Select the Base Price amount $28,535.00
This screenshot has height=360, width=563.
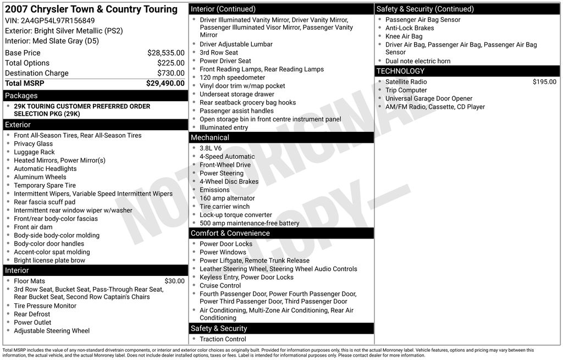[165, 53]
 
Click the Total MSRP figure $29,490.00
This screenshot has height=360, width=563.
[165, 84]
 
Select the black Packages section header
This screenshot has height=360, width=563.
[95, 96]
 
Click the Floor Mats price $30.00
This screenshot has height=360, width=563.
[174, 281]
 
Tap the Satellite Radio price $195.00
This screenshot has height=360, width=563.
[544, 82]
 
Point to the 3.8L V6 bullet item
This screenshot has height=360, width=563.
[211, 148]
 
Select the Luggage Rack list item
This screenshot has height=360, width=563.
[34, 152]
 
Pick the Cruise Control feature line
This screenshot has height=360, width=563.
[220, 286]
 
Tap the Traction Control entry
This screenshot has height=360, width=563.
[223, 339]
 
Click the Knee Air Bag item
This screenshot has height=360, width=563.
[404, 36]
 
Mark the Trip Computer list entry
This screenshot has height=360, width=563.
[406, 90]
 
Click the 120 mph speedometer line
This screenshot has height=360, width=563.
[224, 78]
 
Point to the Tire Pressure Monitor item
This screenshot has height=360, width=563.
[45, 306]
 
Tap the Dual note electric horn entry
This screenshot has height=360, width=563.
[417, 61]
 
